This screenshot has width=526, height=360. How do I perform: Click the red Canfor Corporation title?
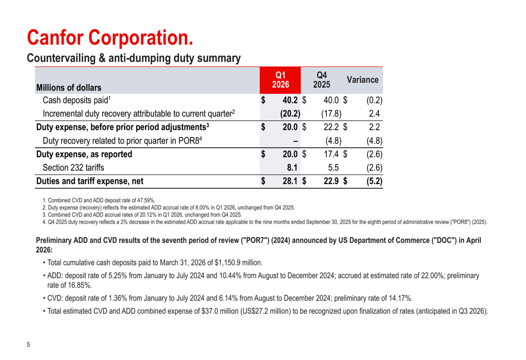110,37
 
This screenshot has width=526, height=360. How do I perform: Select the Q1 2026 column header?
280,80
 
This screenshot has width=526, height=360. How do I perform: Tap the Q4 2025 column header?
322,80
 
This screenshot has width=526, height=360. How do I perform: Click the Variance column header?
362,80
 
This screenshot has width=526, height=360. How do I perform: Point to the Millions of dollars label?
69,87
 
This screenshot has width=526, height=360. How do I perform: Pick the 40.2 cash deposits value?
290,100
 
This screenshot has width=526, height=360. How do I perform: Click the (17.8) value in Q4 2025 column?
331,114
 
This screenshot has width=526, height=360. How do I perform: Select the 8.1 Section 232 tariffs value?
292,168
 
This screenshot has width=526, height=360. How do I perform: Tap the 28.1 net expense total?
290,181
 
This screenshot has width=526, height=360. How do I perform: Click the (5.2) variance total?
375,181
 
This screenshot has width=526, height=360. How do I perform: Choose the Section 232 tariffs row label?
74,168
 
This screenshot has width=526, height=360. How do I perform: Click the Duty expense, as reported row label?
84,154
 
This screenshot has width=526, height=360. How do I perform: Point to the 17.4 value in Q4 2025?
331,154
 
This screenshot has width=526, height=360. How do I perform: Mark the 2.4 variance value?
375,114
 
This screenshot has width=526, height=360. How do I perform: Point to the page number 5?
28,345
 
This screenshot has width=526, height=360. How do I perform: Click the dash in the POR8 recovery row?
295,141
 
